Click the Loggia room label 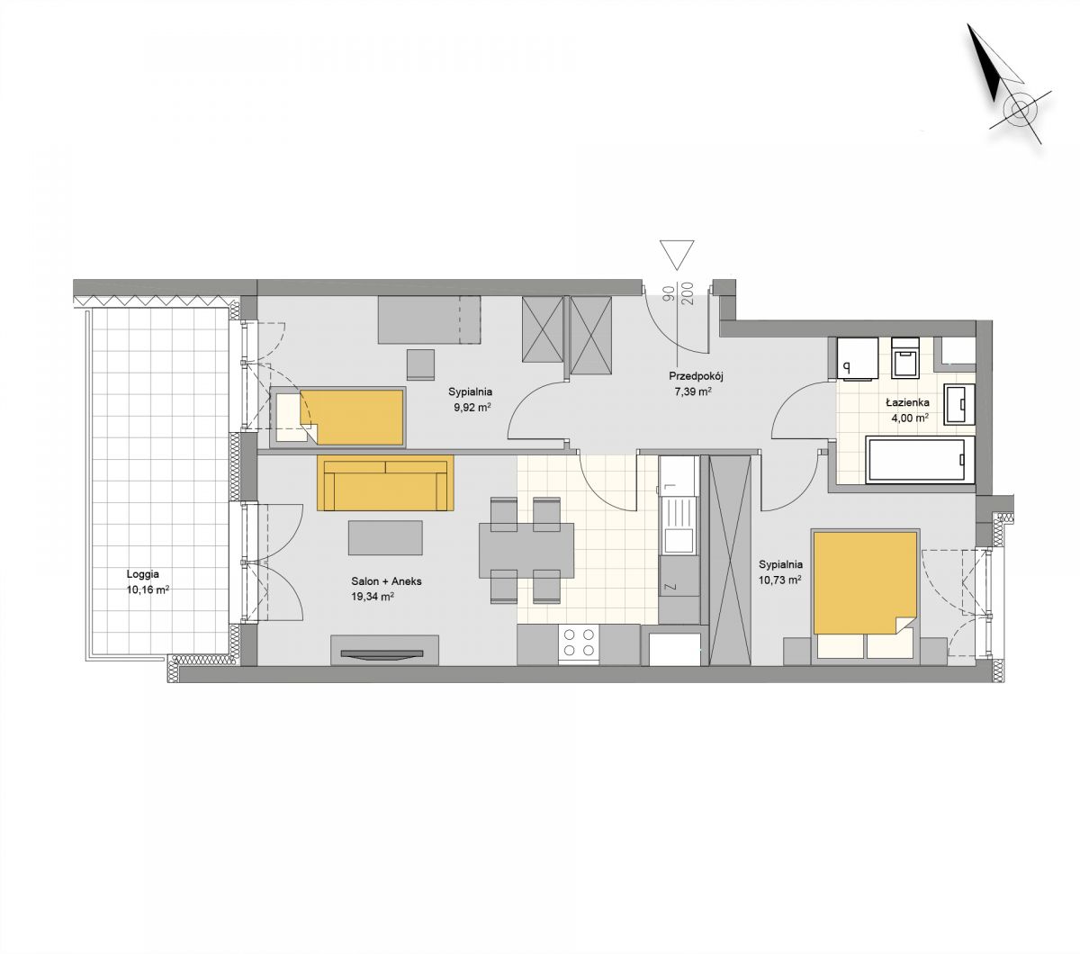click(142, 574)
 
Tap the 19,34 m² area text click(372, 596)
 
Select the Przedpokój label click(696, 376)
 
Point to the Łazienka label click(907, 402)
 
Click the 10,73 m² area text click(780, 580)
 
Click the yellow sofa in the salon click(385, 482)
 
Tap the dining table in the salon click(526, 550)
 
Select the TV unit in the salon click(384, 650)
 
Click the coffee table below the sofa click(385, 538)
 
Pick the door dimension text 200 click(687, 293)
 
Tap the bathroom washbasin click(959, 405)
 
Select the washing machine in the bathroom click(857, 358)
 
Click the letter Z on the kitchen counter click(670, 587)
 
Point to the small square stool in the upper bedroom click(420, 364)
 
